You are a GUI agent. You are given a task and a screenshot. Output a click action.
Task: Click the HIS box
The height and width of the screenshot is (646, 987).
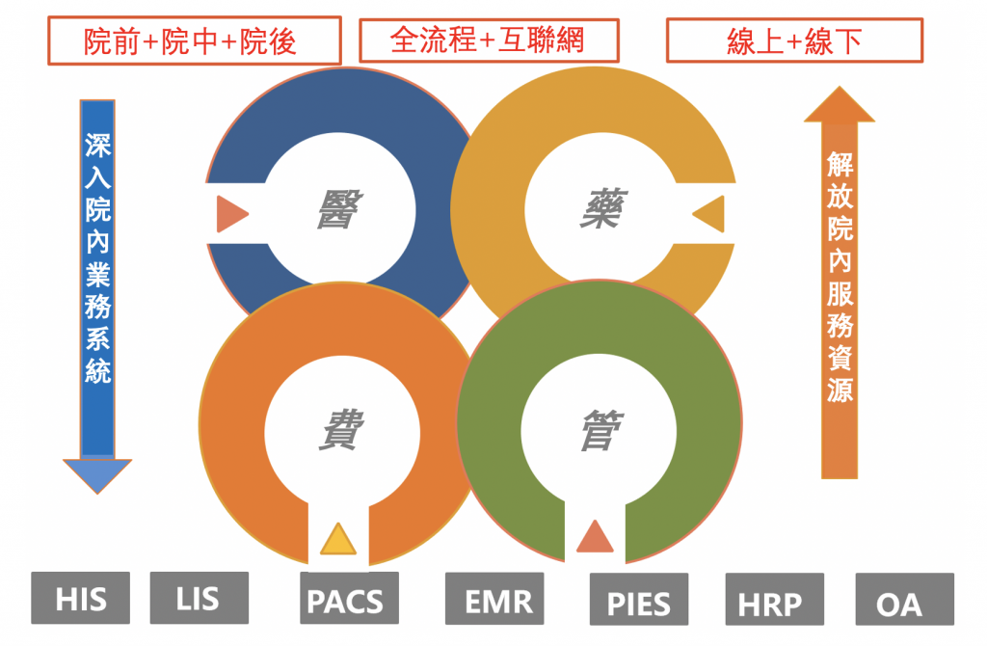click(81, 598)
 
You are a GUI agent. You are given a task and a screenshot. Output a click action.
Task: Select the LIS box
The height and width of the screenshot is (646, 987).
click(199, 598)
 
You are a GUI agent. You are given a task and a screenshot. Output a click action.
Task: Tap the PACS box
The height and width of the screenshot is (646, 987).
click(349, 598)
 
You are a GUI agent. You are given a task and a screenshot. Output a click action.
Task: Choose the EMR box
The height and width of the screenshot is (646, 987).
click(494, 598)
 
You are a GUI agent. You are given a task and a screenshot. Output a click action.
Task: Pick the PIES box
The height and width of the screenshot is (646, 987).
click(639, 599)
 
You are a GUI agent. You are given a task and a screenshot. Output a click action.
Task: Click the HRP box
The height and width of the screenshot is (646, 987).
click(775, 599)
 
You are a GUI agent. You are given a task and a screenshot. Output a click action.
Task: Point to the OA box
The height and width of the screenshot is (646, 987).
click(904, 599)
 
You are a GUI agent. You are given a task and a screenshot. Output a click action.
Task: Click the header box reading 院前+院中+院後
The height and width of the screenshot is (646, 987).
click(195, 40)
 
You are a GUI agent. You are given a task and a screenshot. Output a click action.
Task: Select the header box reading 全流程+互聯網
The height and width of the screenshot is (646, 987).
click(489, 40)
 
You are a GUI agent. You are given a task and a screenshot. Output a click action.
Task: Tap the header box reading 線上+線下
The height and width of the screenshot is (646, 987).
click(794, 40)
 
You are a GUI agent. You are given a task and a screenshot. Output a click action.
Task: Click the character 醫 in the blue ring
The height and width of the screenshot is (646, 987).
click(339, 209)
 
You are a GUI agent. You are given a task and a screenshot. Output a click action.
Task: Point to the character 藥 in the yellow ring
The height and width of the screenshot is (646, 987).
click(602, 207)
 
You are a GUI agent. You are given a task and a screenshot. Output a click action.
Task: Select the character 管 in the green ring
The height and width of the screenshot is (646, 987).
click(601, 430)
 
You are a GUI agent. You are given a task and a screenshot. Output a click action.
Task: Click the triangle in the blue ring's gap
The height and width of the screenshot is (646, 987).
click(230, 214)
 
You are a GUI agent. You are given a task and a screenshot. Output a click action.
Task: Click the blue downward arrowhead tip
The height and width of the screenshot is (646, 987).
click(97, 494)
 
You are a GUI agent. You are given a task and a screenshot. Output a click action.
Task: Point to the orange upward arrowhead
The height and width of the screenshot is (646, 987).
click(840, 106)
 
